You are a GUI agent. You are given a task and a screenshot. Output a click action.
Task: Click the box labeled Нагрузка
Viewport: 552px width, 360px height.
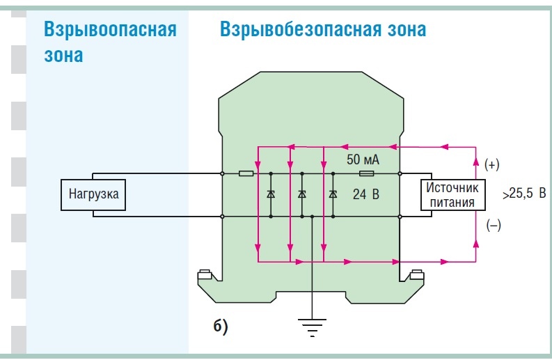[x=93, y=195]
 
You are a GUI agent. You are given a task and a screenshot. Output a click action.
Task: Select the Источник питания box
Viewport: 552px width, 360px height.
[x=452, y=195]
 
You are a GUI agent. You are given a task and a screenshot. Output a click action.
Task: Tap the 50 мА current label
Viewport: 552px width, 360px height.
[x=363, y=159]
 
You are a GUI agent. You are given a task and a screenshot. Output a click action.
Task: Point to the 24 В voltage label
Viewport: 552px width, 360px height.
[x=366, y=194]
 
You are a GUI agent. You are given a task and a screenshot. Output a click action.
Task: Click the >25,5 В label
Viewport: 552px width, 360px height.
[x=524, y=194]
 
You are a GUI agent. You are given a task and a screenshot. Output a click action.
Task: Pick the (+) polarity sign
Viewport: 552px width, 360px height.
[x=492, y=164]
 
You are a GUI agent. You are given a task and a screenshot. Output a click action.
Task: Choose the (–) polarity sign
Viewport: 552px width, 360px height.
[x=494, y=225]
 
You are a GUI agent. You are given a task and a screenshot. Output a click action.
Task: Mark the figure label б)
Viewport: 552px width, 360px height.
[x=221, y=326]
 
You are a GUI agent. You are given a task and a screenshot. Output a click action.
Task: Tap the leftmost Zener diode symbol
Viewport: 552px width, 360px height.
[x=271, y=194]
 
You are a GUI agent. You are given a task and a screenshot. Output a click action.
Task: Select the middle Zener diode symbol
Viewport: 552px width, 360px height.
[x=302, y=194]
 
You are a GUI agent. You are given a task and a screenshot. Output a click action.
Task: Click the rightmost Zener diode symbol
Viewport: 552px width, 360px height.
[x=333, y=194]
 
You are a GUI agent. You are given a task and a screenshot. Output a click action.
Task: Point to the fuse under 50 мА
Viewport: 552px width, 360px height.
[x=366, y=173]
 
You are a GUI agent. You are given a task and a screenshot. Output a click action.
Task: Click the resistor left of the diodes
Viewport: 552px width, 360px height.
[x=246, y=173]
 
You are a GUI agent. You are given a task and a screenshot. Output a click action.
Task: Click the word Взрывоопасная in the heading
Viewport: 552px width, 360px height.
[x=110, y=29]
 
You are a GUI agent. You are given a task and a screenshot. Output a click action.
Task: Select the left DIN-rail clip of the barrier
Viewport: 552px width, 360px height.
[x=204, y=274]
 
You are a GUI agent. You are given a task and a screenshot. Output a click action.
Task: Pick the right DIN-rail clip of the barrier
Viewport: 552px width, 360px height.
[x=417, y=274]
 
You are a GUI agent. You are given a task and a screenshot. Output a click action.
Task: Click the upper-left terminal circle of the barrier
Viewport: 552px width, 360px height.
[x=222, y=173]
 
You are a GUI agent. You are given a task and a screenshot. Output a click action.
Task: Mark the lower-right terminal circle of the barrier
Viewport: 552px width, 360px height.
[x=400, y=217]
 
